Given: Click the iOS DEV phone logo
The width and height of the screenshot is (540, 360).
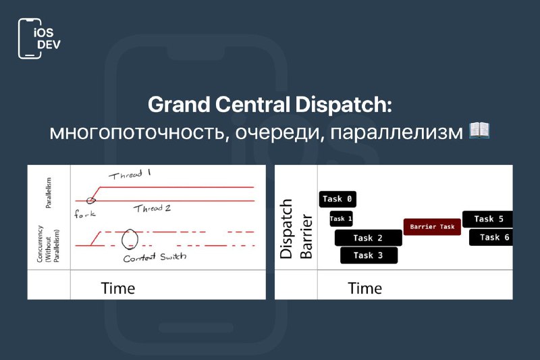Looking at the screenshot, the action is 39,38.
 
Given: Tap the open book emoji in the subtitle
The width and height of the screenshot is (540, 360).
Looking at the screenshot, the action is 479,130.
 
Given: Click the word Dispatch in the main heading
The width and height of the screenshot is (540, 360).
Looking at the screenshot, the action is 344,105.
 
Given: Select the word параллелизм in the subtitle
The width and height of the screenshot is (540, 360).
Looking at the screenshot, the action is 396,132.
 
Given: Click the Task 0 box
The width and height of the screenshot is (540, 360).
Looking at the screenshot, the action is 337,199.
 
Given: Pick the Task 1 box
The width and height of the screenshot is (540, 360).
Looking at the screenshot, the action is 341,219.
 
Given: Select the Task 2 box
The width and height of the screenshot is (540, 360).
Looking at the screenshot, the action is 368,238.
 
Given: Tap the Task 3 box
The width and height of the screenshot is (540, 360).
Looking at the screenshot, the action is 369,255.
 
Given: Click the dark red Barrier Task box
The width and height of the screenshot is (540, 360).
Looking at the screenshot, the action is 432,227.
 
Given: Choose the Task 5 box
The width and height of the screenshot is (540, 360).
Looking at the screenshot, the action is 487,219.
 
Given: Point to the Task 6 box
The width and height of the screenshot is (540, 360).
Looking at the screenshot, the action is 491,237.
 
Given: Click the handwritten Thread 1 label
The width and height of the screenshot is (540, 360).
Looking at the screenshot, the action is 130,175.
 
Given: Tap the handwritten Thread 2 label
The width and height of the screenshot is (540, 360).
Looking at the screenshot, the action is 152,209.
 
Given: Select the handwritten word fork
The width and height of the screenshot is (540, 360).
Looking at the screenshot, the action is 85,214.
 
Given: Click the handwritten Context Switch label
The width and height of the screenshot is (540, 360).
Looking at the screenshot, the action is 155,257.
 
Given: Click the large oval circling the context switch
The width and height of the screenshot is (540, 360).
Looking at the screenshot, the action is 122,239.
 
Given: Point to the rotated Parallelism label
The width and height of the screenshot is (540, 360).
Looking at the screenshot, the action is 49,193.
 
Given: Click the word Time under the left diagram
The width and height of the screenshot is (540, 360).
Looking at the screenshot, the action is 117,288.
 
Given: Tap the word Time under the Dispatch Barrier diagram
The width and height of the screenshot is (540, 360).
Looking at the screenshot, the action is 364,288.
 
